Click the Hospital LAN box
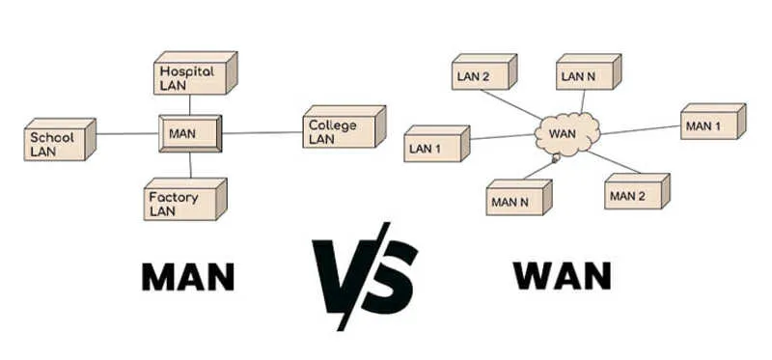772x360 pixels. [196, 73]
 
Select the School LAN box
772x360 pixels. [60, 139]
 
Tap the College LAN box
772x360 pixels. [344, 126]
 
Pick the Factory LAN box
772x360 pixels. [185, 199]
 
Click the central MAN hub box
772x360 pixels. [190, 133]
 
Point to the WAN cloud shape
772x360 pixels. [567, 133]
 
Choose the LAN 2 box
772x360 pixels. [484, 71]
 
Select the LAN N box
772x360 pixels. [589, 71]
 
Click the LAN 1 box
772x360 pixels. [437, 143]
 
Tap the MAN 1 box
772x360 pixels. [713, 122]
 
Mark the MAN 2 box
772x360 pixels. [637, 191]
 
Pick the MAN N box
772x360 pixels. [519, 198]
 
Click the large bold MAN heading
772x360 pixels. [188, 277]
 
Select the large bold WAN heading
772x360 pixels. [562, 275]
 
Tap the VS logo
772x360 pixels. [365, 276]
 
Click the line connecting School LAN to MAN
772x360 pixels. [127, 133]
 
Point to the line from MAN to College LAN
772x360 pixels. [262, 132]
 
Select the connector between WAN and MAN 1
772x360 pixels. [641, 130]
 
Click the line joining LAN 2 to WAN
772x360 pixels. [510, 104]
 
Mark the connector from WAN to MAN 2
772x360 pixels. [614, 162]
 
